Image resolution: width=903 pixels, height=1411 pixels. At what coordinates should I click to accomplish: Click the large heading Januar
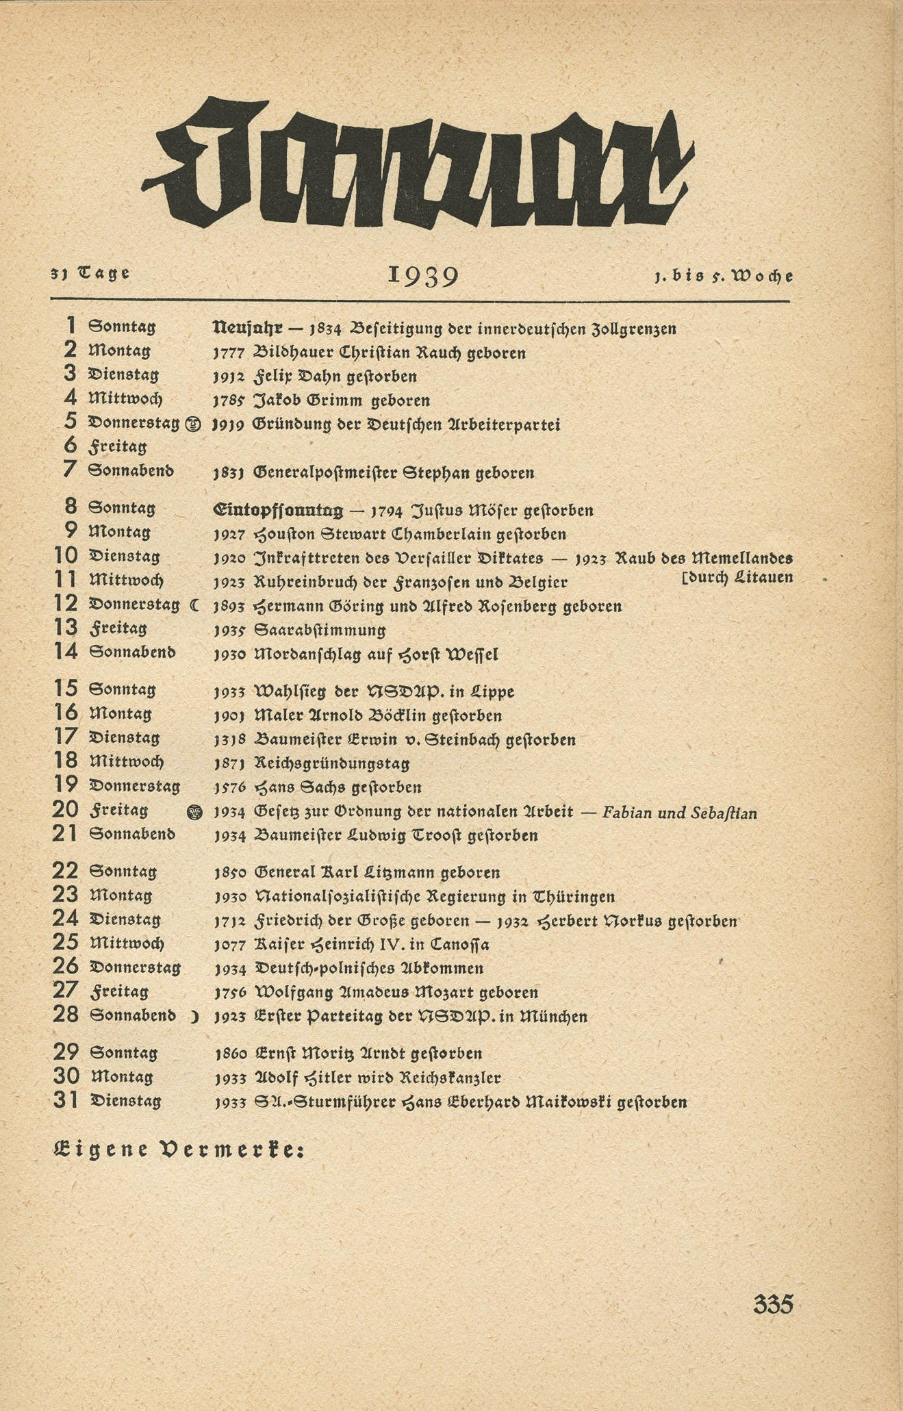pyautogui.click(x=418, y=164)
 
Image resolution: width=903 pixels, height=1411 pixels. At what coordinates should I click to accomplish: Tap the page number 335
pyautogui.click(x=773, y=1304)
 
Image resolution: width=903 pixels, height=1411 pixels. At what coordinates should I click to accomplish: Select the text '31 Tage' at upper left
pyautogui.click(x=90, y=273)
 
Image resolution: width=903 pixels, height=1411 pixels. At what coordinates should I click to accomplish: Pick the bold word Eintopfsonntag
pyautogui.click(x=278, y=510)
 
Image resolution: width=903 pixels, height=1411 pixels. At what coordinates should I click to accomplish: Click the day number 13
pyautogui.click(x=66, y=628)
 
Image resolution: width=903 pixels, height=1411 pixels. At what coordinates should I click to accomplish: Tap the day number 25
pyautogui.click(x=66, y=943)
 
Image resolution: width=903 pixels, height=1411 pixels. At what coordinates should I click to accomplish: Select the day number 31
pyautogui.click(x=66, y=1100)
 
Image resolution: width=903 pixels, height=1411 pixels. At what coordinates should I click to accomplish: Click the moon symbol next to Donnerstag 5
pyautogui.click(x=193, y=424)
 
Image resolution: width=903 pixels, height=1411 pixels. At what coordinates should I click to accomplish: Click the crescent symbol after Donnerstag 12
pyautogui.click(x=194, y=605)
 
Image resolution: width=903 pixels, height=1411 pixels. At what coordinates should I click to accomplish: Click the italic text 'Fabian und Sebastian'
pyautogui.click(x=679, y=813)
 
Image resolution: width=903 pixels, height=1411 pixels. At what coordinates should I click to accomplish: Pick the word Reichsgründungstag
pyautogui.click(x=331, y=763)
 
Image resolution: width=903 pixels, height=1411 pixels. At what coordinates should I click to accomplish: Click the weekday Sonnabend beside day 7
pyautogui.click(x=131, y=471)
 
